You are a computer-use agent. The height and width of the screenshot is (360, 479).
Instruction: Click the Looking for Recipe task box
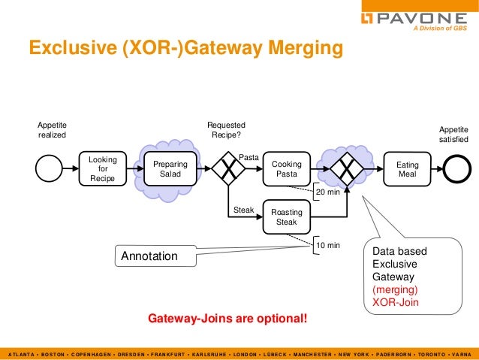[x=102, y=169]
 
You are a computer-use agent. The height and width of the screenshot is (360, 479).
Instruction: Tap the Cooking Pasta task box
[x=286, y=169]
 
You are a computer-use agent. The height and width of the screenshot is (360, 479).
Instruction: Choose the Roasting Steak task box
[x=286, y=217]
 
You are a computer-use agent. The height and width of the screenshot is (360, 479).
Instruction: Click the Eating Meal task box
[x=407, y=169]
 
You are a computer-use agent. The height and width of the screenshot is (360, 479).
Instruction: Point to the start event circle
[x=50, y=169]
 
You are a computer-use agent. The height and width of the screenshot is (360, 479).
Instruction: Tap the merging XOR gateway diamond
[x=346, y=169]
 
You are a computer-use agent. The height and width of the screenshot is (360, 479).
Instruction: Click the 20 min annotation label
[x=327, y=192]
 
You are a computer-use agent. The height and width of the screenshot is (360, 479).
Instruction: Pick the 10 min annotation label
[x=327, y=245]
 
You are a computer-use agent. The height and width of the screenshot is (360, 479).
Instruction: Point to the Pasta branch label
[x=249, y=157]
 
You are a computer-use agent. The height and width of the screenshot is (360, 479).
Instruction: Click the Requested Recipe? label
[x=226, y=130]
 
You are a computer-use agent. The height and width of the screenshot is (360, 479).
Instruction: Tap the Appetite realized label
[x=52, y=130]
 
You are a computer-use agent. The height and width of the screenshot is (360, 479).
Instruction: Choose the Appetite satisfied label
[x=453, y=135]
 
